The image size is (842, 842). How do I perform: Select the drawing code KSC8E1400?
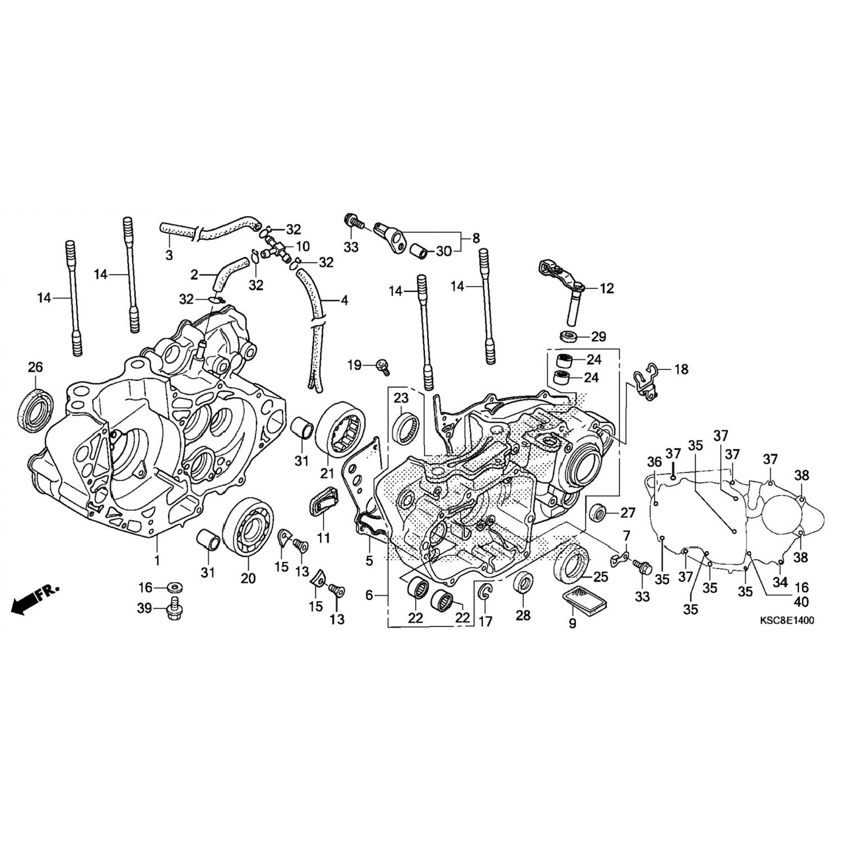coord(786,620)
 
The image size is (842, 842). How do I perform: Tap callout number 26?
coord(35,368)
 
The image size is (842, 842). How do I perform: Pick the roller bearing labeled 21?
coord(341,433)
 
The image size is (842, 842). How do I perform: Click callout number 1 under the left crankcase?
coord(157,560)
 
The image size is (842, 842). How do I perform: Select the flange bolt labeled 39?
coord(173,610)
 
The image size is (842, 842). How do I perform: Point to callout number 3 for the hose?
coord(169,256)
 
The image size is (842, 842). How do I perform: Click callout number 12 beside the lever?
coord(607,289)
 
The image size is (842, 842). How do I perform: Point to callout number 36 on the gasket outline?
coord(655,462)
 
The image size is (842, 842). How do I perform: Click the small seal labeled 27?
coord(599,512)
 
